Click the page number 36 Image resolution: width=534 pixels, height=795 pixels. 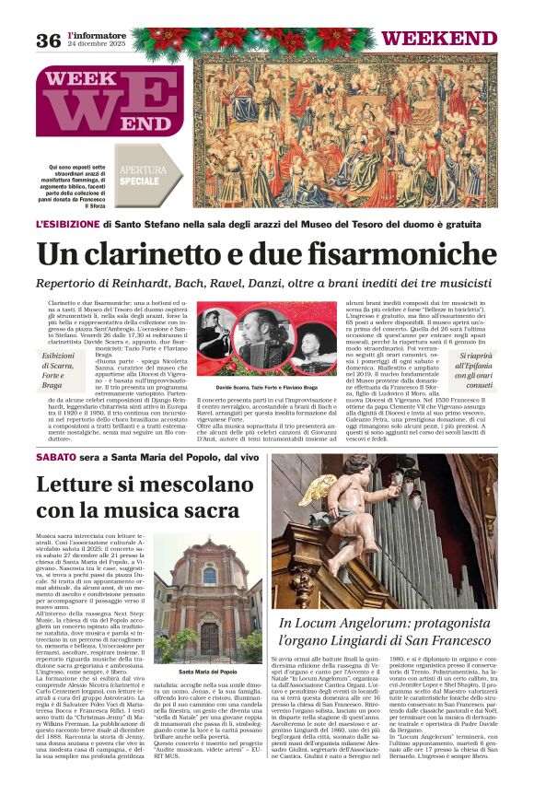pyautogui.click(x=48, y=39)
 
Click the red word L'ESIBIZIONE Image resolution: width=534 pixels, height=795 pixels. pyautogui.click(x=66, y=223)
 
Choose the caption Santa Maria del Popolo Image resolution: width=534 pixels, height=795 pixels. pyautogui.click(x=204, y=645)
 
